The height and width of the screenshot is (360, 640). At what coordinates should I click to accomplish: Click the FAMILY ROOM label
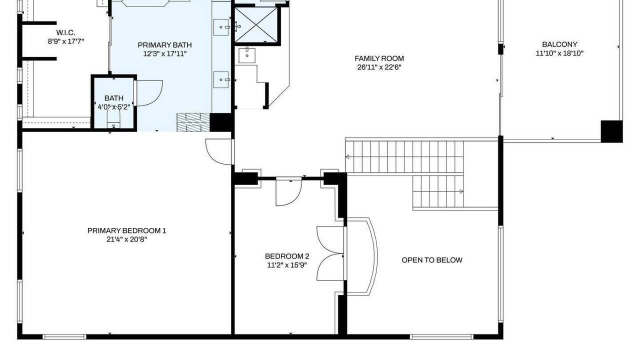click(x=379, y=58)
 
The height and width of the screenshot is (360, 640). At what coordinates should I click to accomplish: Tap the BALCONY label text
click(x=559, y=44)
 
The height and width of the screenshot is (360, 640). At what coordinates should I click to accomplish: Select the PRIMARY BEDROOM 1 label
click(x=126, y=230)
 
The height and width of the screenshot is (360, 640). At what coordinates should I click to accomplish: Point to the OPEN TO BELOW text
click(x=432, y=260)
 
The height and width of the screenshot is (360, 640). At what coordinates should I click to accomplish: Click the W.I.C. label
click(x=65, y=32)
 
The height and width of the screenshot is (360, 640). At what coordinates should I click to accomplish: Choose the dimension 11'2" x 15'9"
click(x=287, y=265)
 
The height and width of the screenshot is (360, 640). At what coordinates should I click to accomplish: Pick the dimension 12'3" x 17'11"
click(x=165, y=53)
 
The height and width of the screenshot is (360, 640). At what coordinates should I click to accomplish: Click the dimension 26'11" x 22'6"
click(x=379, y=67)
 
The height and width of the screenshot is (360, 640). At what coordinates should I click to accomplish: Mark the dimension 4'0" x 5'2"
click(x=114, y=107)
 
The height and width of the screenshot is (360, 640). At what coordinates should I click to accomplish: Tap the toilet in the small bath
click(x=113, y=119)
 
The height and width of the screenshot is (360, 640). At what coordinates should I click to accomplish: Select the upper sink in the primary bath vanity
click(x=221, y=27)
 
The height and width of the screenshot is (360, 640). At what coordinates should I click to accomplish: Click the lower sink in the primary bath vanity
click(x=221, y=79)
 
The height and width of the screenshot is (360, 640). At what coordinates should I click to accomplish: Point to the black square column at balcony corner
click(x=611, y=131)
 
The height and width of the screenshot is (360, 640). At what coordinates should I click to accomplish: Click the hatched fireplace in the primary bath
click(x=193, y=122)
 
